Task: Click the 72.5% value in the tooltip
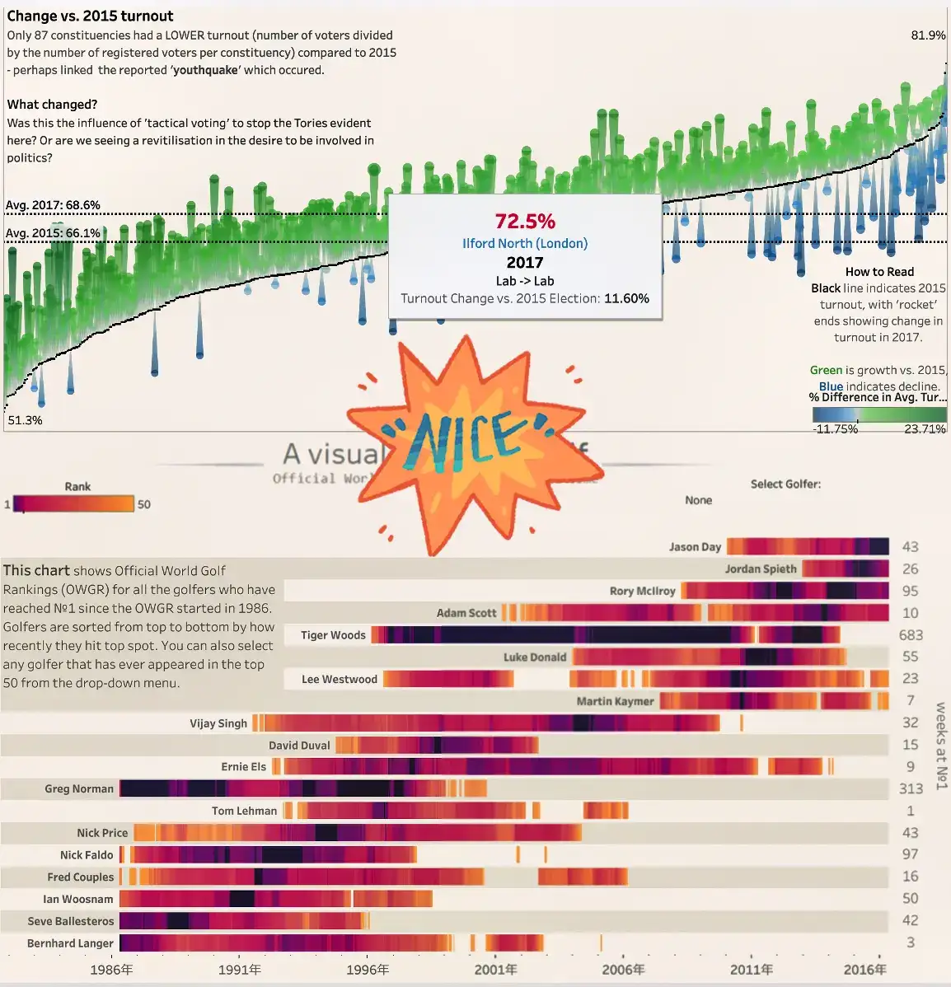pos(525,222)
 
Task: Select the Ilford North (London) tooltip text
pos(525,244)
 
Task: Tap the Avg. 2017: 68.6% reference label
pos(54,205)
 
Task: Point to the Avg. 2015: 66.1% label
pos(54,233)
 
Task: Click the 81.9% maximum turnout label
pos(928,35)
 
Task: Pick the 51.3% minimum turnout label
pos(25,420)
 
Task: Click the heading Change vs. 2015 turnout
pos(91,16)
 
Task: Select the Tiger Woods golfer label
pos(333,635)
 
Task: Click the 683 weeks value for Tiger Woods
pos(911,635)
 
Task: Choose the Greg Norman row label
pos(79,789)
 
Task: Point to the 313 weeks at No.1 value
pos(911,789)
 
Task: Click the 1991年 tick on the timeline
pos(240,970)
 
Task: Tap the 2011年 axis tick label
pos(752,970)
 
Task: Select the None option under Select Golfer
pos(699,500)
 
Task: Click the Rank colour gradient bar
pos(73,504)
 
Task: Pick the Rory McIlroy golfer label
pos(643,592)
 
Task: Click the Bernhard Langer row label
pos(70,943)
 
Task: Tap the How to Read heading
pos(879,272)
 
